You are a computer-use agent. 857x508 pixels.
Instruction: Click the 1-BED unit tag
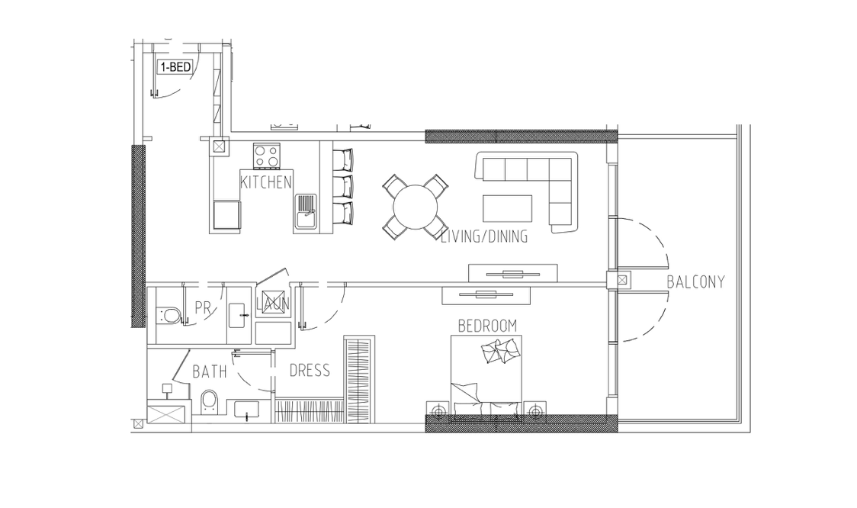point(175,67)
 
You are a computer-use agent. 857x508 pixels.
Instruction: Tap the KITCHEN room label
point(266,182)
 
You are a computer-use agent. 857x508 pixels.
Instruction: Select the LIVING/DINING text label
point(484,236)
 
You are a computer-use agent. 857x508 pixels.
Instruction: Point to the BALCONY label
point(696,281)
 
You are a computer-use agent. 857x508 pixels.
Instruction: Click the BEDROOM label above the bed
point(487,326)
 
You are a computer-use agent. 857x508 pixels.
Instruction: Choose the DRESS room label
point(310,371)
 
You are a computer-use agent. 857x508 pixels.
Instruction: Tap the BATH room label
point(210,371)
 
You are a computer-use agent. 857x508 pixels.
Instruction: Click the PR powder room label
point(203,308)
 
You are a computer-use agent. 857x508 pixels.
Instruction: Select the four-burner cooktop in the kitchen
point(267,156)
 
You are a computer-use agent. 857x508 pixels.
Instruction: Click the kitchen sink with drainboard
point(306,214)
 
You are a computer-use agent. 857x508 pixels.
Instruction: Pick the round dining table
point(416,207)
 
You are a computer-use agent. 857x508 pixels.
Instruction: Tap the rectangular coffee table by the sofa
point(507,208)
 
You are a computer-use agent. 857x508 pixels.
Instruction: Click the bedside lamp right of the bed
point(534,410)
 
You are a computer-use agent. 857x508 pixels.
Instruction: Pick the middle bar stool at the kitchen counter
point(344,186)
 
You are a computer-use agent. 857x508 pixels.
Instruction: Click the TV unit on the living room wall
point(512,273)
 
